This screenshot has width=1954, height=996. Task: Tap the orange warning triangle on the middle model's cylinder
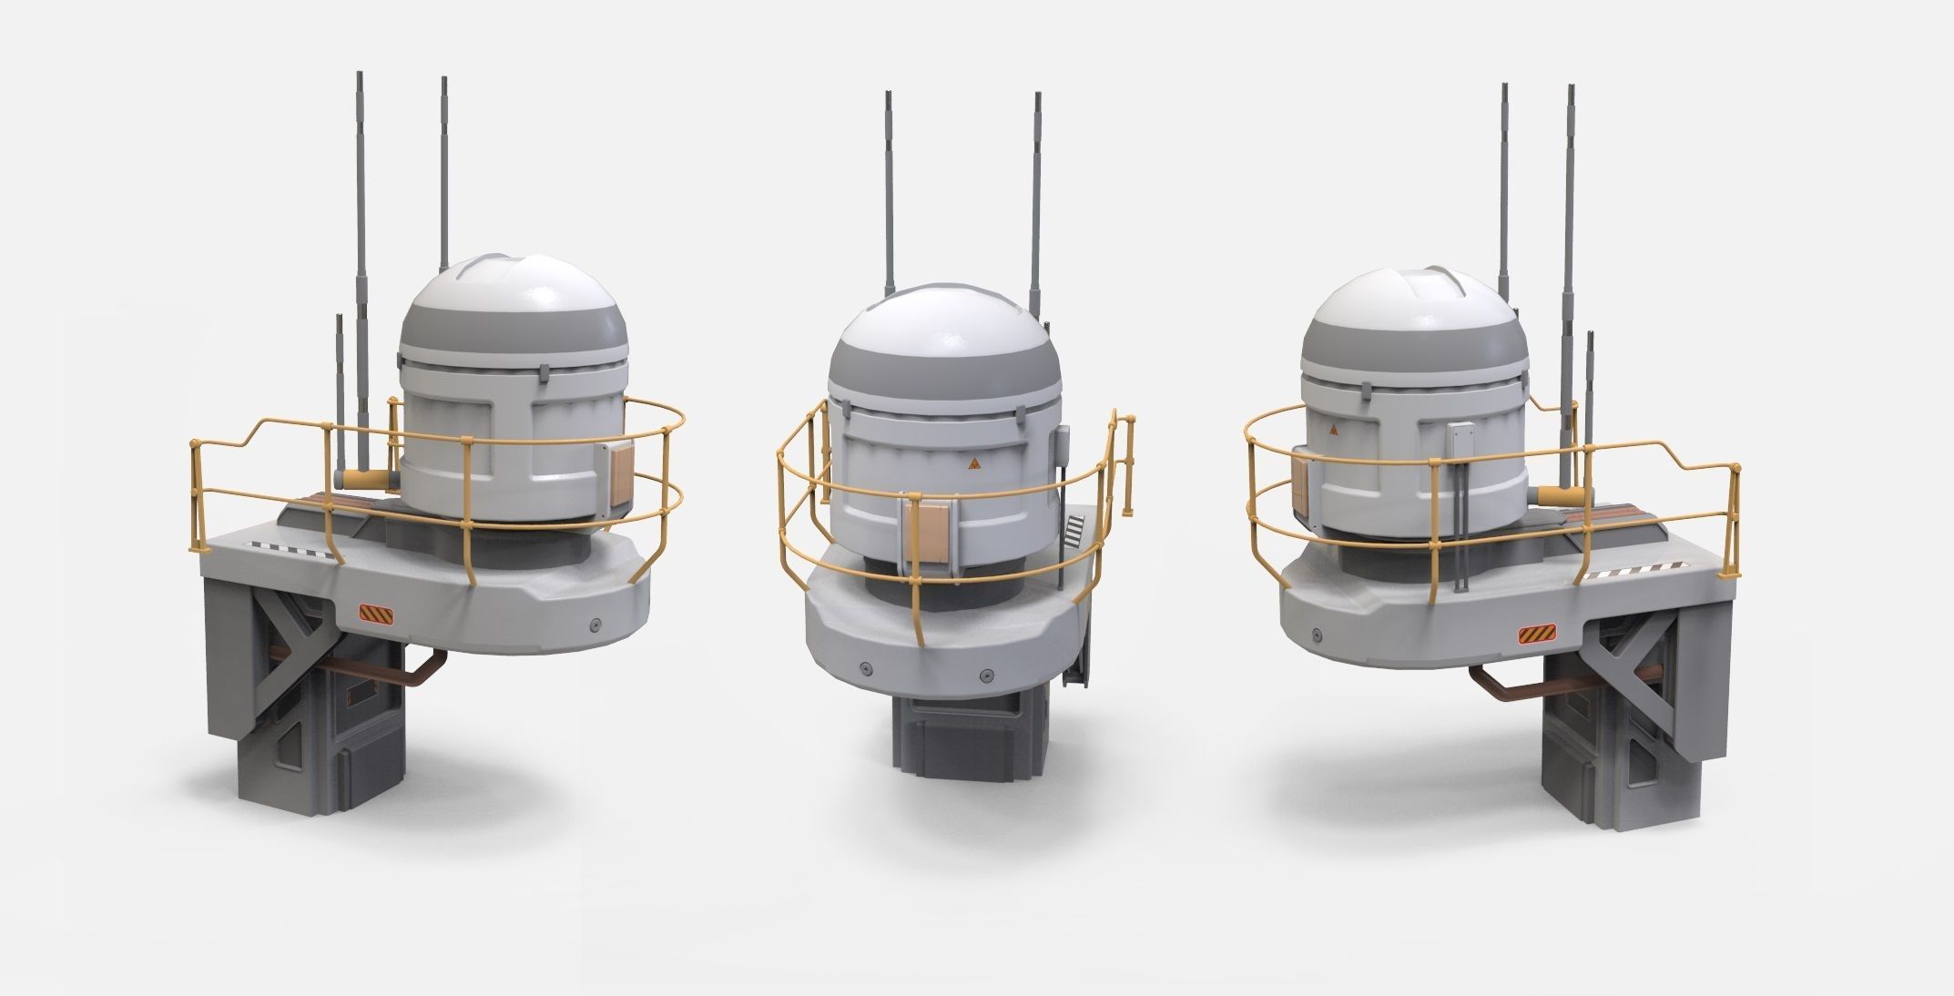(x=973, y=463)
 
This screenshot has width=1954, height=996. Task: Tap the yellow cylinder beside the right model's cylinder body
(x=1561, y=494)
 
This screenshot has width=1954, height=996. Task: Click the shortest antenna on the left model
(x=339, y=382)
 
